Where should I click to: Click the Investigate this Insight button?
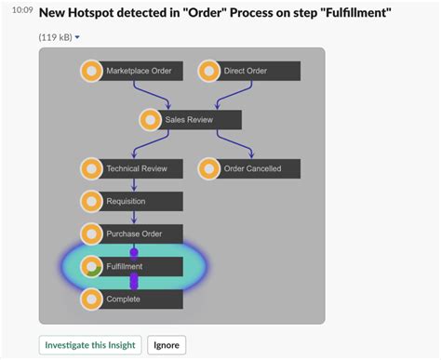90,344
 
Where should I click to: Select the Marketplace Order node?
139,71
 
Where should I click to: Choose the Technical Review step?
136,168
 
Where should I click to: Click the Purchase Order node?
134,233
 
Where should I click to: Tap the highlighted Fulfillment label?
125,266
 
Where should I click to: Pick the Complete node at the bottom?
123,299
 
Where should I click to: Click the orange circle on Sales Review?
150,120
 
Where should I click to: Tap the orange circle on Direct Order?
209,71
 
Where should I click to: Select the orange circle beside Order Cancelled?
209,168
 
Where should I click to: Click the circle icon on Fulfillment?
91,266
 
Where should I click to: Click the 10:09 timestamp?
22,11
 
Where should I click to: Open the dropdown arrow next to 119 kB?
76,37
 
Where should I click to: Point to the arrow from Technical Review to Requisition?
134,185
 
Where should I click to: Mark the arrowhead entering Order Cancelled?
251,154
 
